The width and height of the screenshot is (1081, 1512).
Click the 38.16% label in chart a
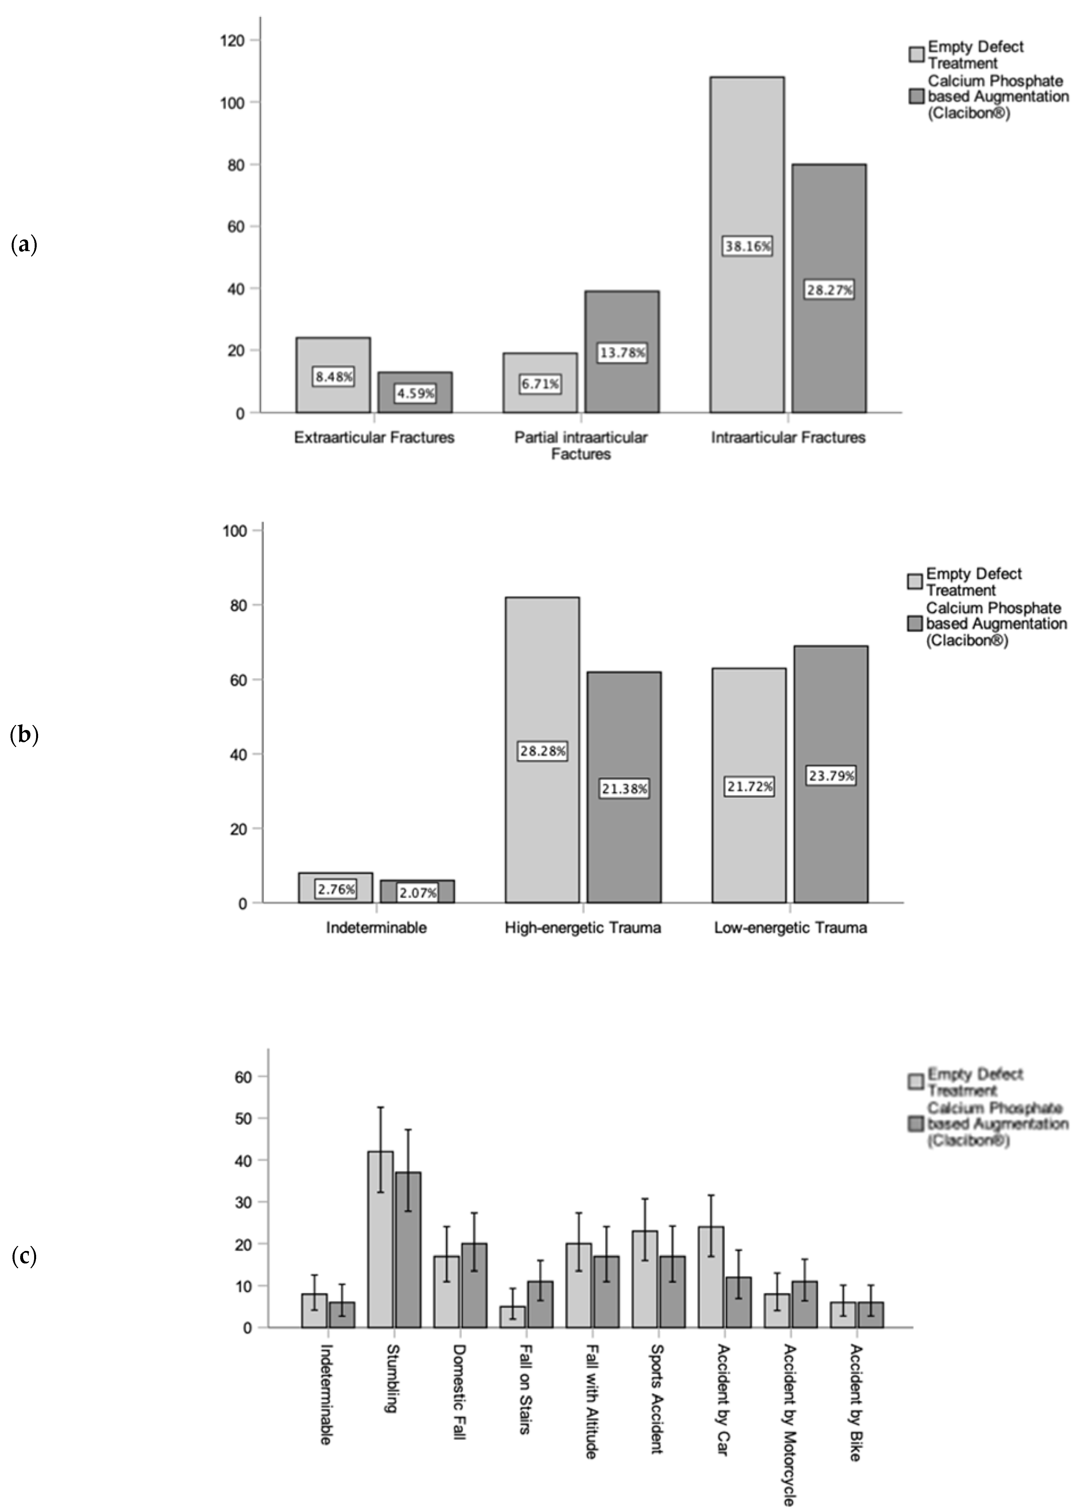coord(747,246)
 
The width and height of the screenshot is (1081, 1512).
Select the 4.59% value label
coord(415,393)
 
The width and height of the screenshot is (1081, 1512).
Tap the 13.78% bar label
coord(622,353)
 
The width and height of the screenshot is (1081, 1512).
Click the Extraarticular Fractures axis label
coord(374,437)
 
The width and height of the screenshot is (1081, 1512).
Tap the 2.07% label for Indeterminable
coord(417,892)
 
